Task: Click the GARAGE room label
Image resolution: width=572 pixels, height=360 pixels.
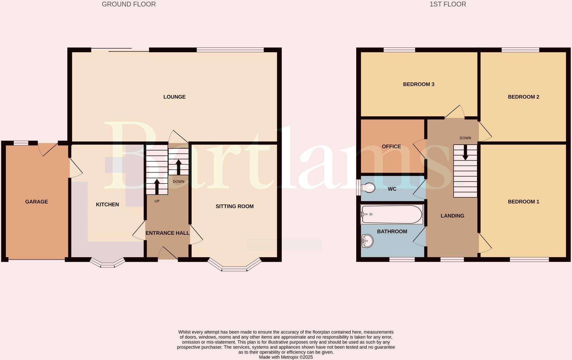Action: (36, 202)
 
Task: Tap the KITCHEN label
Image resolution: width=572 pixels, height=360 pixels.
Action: (107, 204)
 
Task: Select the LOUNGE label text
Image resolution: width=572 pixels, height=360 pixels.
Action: (174, 97)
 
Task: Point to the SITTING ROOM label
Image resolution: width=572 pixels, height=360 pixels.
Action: (234, 206)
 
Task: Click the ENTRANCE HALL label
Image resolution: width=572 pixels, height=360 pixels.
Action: (167, 233)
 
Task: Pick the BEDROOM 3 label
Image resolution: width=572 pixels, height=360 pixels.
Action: (418, 84)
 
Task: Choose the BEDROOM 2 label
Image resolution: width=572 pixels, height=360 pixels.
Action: (523, 97)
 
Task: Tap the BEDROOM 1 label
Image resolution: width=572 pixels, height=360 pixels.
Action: (523, 202)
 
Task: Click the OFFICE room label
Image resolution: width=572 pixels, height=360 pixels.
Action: (391, 147)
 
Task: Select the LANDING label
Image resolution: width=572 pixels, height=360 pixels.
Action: (452, 216)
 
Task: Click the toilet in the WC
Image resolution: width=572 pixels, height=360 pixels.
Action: (368, 187)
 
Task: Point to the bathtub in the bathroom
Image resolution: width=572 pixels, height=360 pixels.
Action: (391, 214)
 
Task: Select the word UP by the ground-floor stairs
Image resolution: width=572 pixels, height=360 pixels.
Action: (157, 201)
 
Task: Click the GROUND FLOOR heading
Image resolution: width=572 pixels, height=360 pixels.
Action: (129, 4)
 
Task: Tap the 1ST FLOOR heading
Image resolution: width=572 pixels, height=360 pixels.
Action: (448, 4)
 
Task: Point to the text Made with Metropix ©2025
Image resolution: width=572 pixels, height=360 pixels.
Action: (286, 357)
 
